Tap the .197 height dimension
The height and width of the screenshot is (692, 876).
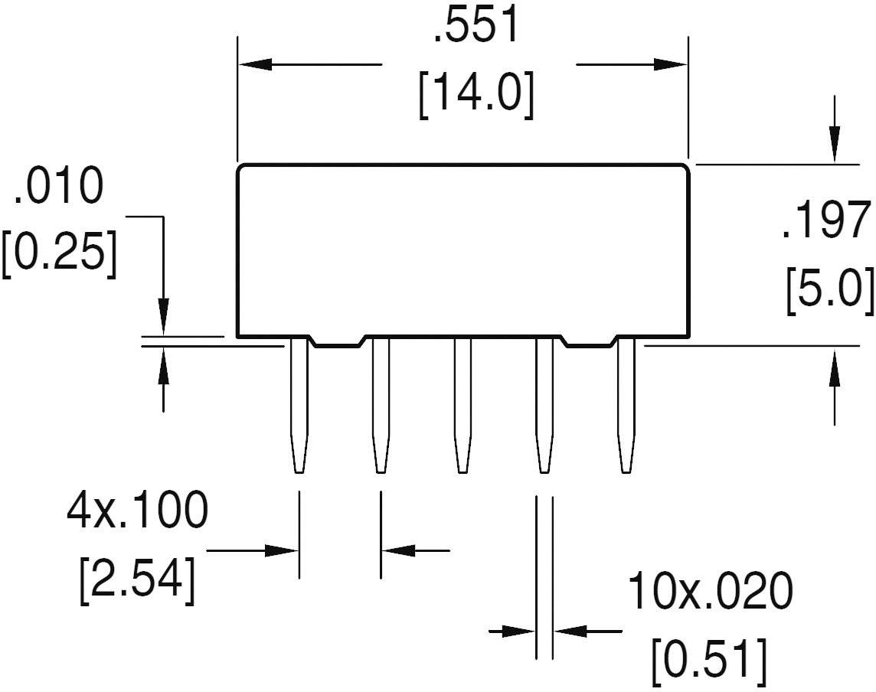pyautogui.click(x=826, y=221)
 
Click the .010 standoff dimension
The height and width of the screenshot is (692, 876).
pyautogui.click(x=57, y=187)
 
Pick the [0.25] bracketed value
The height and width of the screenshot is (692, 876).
pyautogui.click(x=60, y=254)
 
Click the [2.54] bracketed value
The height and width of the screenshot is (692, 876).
pyautogui.click(x=136, y=580)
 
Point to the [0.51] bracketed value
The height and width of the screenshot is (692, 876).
pyautogui.click(x=708, y=658)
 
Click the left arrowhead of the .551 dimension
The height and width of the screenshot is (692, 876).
pyautogui.click(x=253, y=64)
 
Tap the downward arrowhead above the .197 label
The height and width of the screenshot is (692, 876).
pyautogui.click(x=834, y=149)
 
